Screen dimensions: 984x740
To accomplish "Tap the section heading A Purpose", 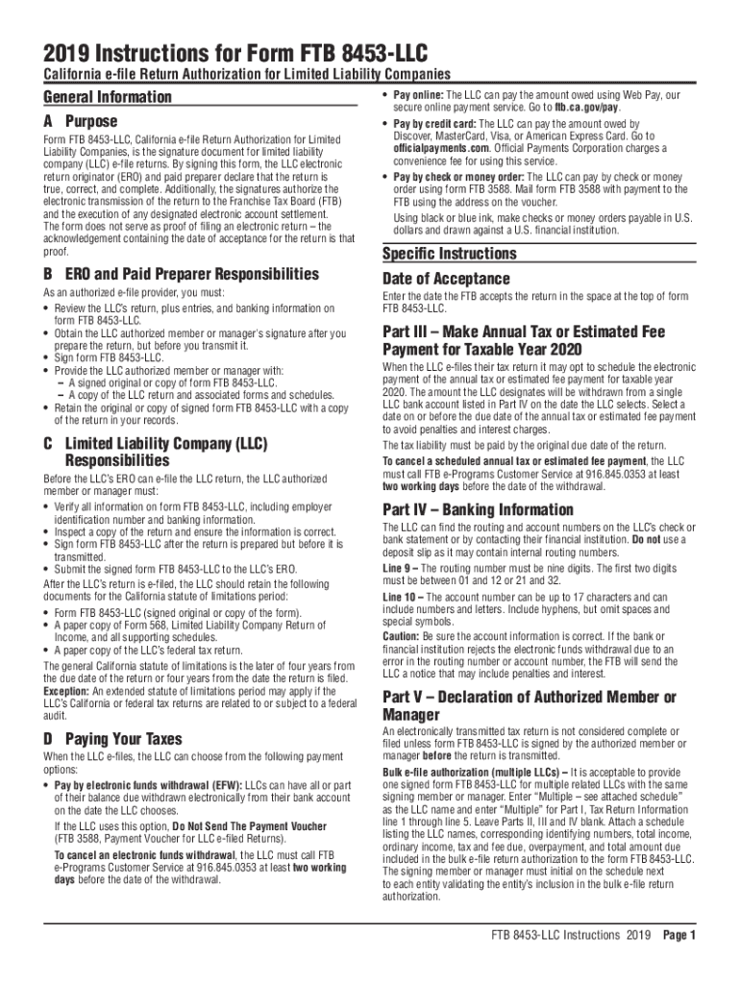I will coord(80,122).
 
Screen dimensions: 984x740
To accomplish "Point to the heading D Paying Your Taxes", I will coord(112,739).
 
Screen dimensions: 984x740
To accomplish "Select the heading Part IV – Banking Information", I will coord(465,509).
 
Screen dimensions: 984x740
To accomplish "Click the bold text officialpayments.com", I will coord(434,147).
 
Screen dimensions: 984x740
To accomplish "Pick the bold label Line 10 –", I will coord(407,598).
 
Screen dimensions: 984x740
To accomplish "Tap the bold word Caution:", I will coord(401,636).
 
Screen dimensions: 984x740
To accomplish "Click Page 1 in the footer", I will coord(678,935).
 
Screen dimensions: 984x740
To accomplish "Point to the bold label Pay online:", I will coord(420,96).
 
